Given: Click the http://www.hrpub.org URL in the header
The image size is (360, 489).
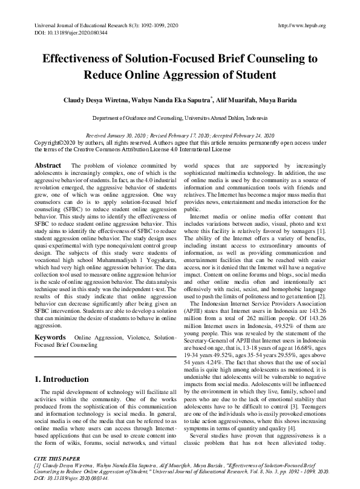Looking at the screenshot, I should (301, 25).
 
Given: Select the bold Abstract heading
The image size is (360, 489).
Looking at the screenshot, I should (47, 165).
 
